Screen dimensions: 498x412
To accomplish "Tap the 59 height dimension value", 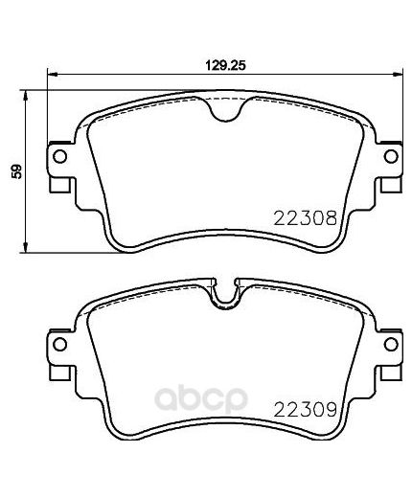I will [14, 171].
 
